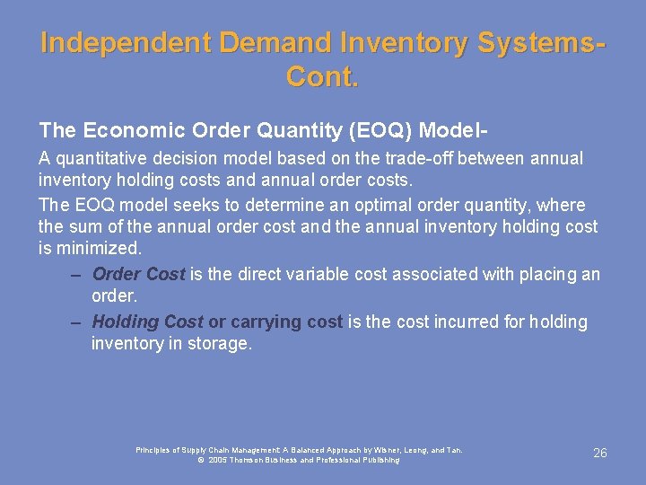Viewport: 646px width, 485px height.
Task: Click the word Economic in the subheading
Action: coord(127,130)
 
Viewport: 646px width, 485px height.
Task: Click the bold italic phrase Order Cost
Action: coord(138,274)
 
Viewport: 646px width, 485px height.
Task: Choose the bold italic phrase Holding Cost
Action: coord(147,322)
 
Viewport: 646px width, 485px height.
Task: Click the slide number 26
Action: coord(600,454)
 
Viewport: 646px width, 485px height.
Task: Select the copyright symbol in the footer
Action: coord(201,460)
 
